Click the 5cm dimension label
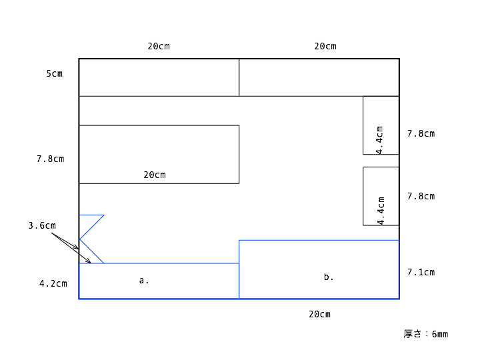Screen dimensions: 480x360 tap(55, 74)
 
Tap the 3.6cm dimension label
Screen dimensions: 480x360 tap(42, 225)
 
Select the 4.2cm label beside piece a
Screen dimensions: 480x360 tap(53, 283)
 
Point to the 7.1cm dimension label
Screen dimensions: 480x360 tap(421, 272)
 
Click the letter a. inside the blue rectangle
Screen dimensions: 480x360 tap(144, 281)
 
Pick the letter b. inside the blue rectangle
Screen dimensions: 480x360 tap(329, 277)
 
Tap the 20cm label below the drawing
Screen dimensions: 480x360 tap(319, 315)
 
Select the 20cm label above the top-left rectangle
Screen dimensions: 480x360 tap(159, 46)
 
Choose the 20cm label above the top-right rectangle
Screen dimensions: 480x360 tap(325, 46)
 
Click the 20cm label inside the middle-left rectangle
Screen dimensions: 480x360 tap(155, 175)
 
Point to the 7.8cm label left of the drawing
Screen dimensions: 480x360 tap(51, 159)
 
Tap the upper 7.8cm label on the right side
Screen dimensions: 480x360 tap(421, 134)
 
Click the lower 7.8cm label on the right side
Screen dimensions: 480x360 tap(421, 196)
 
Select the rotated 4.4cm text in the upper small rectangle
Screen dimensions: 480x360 tap(379, 140)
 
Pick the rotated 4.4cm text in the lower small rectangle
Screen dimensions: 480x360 tap(381, 211)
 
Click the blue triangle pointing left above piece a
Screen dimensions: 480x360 tap(92, 227)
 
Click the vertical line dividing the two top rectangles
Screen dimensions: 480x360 tap(239, 77)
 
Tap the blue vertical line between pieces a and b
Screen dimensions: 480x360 tap(239, 269)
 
